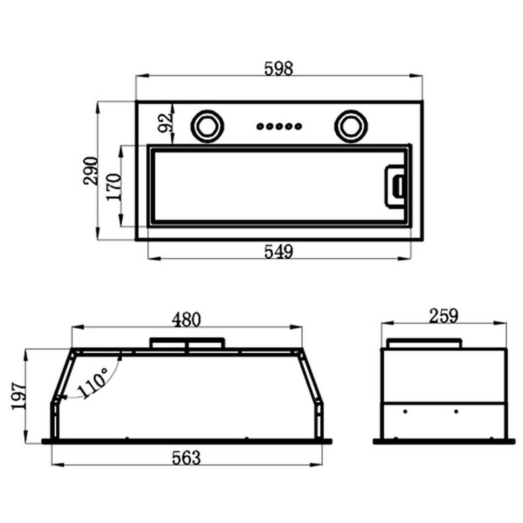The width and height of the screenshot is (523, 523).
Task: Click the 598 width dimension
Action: coord(279,69)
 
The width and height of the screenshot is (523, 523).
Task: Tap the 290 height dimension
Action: coord(91,171)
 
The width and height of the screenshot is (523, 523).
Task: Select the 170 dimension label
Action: coord(113,187)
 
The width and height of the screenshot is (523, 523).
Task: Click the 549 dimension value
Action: coord(279,251)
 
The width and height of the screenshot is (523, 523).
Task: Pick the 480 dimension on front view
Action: coord(186,320)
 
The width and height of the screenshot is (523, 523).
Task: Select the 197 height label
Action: coord(19,397)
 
